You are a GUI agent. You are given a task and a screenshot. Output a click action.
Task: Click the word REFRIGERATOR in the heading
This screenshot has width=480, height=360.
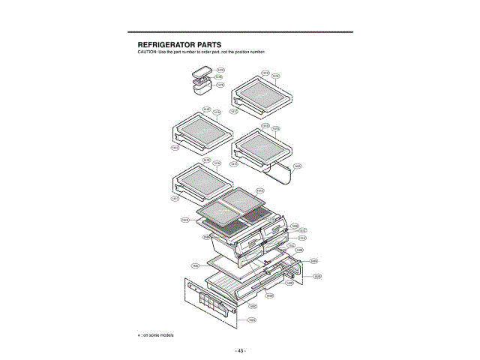tap(164, 45)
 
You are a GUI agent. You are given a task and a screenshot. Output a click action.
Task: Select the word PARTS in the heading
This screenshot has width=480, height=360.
tap(214, 45)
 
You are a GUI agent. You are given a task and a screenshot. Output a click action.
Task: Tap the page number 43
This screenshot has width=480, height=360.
tap(240, 350)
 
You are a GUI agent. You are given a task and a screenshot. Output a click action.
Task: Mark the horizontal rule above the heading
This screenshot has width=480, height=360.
tap(240, 32)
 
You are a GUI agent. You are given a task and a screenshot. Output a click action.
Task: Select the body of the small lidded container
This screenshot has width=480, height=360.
tap(203, 88)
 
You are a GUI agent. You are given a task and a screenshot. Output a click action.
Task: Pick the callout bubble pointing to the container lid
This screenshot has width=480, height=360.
tap(220, 69)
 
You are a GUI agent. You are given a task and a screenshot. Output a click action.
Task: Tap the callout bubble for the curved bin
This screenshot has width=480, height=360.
tap(298, 166)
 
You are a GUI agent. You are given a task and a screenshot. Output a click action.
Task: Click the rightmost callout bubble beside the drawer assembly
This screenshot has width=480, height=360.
tap(318, 277)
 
